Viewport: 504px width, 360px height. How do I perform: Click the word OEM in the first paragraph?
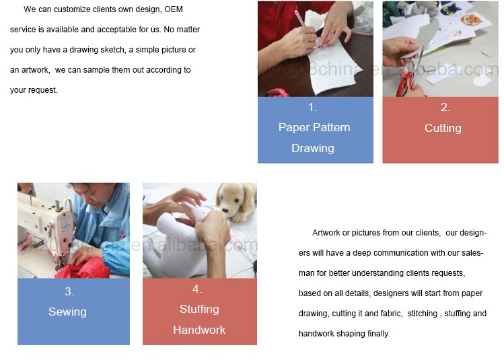coord(174,9)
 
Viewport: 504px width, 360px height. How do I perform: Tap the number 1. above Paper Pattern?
coord(312,107)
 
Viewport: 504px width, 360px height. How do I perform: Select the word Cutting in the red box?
coord(443,129)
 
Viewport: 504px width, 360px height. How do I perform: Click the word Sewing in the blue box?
coord(67,312)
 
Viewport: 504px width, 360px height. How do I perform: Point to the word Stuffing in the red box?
coord(199,310)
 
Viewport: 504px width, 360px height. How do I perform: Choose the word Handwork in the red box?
coord(199,330)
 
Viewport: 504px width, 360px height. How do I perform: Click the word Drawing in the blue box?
coord(313,148)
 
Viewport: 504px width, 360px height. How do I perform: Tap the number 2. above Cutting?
coord(445,107)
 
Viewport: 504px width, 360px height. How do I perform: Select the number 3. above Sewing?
coord(69,291)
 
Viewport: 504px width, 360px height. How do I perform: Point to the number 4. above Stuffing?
coord(197,289)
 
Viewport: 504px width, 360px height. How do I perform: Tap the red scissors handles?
coord(405,84)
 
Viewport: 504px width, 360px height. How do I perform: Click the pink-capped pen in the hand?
coord(300,19)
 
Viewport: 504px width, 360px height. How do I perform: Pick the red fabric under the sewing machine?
coord(83,269)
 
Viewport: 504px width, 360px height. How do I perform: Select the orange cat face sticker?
coord(471,20)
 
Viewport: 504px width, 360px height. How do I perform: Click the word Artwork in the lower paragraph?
coord(327,233)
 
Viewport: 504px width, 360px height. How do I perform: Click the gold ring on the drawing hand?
coord(312,38)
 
